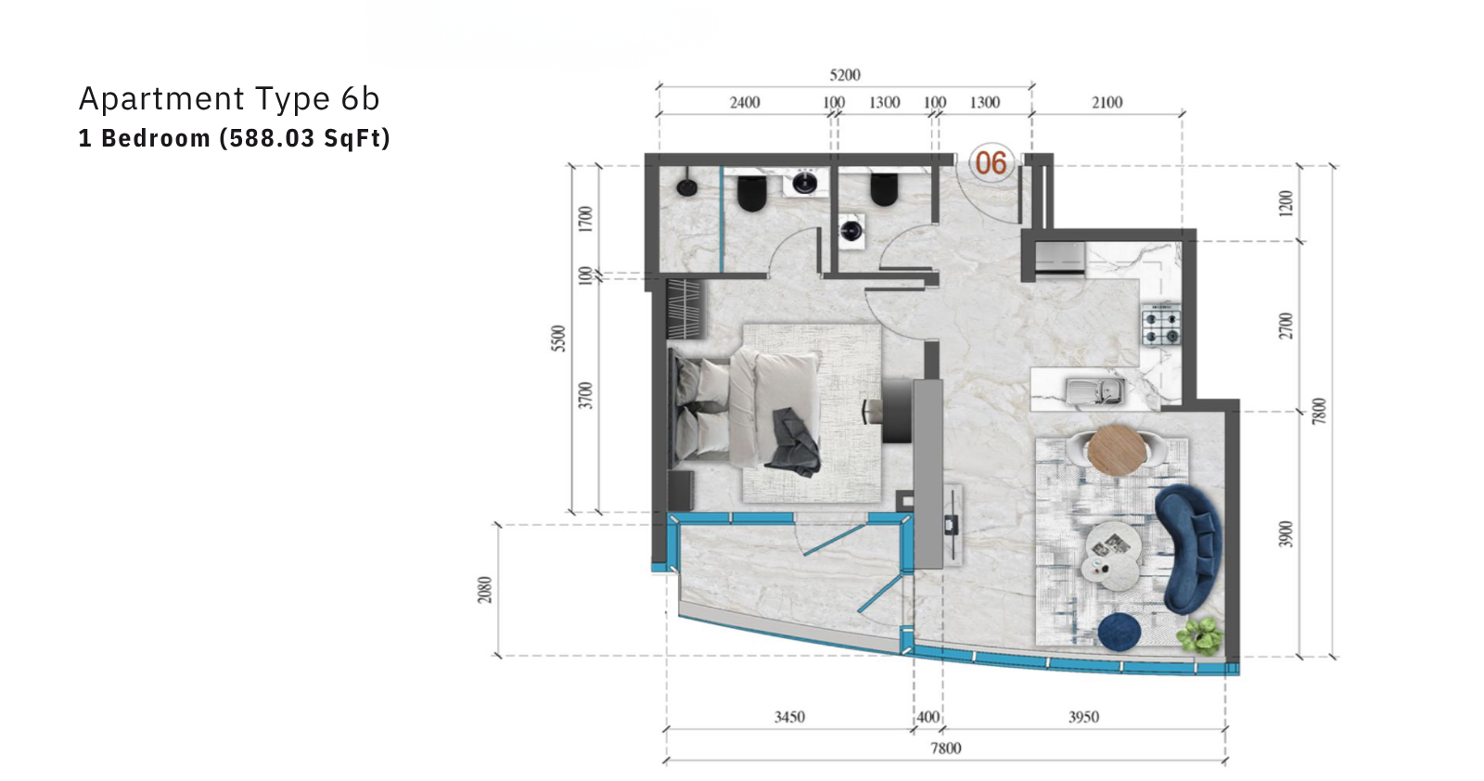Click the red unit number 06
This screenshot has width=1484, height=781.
(x=991, y=163)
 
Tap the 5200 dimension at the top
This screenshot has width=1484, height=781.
(x=845, y=75)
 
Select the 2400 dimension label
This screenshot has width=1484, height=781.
(x=745, y=103)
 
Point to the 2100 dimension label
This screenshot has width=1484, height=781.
(x=1107, y=103)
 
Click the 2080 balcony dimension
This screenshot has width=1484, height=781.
(x=485, y=590)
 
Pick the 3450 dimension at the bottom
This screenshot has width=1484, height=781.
(x=789, y=717)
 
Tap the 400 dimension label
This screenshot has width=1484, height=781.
(x=928, y=717)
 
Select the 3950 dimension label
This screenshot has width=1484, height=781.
(x=1084, y=717)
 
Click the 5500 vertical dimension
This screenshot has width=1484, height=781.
(x=559, y=339)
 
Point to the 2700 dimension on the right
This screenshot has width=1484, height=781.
(x=1286, y=326)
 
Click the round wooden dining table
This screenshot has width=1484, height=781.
(x=1117, y=451)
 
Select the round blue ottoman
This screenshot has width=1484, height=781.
(x=1119, y=632)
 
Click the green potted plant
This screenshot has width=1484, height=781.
(x=1200, y=635)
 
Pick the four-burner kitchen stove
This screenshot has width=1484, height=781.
(x=1160, y=325)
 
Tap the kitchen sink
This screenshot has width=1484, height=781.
(x=1095, y=390)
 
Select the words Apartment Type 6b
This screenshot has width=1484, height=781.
(x=229, y=98)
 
